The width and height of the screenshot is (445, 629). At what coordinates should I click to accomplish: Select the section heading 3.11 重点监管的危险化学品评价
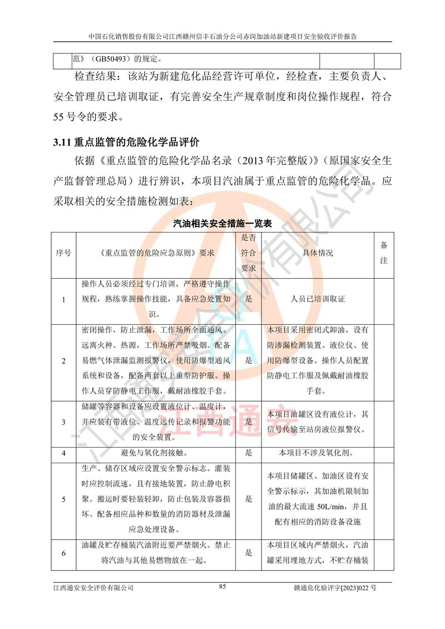click(x=126, y=142)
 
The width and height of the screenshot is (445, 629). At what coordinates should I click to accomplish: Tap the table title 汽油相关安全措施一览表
click(x=222, y=224)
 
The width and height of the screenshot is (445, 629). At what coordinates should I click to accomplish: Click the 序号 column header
click(x=63, y=253)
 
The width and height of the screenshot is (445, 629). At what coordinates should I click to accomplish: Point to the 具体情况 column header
click(x=318, y=253)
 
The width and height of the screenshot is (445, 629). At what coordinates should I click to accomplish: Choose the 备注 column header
click(x=384, y=253)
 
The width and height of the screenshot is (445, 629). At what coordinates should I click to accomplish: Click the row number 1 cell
click(x=63, y=299)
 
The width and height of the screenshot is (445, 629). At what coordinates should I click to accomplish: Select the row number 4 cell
click(x=63, y=453)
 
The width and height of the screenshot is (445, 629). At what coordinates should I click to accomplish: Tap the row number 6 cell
click(x=63, y=553)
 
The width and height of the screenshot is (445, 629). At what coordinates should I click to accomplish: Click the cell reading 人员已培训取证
click(x=318, y=299)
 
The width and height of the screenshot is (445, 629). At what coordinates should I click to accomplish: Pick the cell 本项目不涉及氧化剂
click(x=318, y=453)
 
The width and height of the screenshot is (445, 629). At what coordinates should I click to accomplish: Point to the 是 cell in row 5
click(x=249, y=498)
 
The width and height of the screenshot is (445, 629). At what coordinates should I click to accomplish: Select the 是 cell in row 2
click(x=249, y=360)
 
